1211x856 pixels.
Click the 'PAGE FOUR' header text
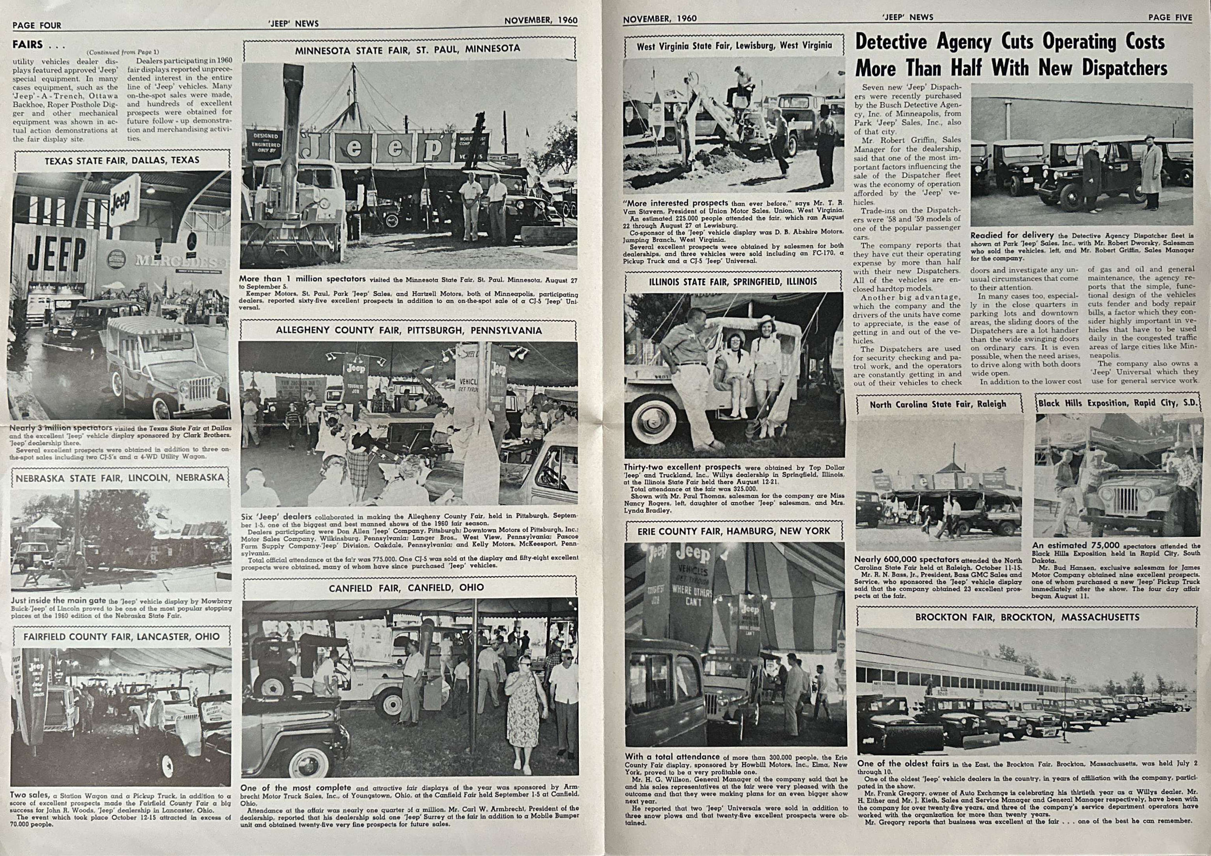click(x=37, y=25)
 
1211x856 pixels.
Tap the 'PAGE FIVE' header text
click(x=1170, y=17)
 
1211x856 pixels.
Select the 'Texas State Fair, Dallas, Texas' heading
click(x=122, y=160)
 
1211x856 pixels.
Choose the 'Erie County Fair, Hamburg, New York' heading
click(x=734, y=530)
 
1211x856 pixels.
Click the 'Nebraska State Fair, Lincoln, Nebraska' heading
click(x=120, y=478)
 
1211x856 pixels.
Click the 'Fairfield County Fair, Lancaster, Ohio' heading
click(x=121, y=637)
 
